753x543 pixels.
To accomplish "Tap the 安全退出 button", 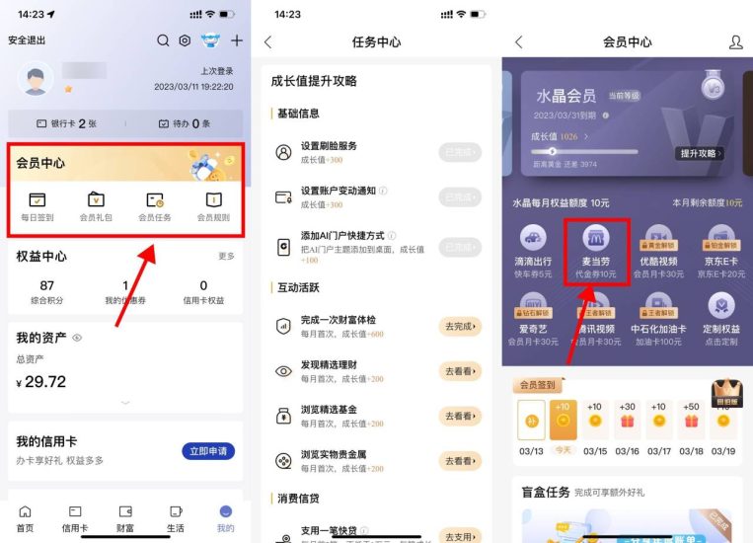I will pyautogui.click(x=27, y=40).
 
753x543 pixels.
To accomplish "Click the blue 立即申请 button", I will pyautogui.click(x=208, y=451).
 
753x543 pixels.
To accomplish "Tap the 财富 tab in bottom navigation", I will pyautogui.click(x=125, y=517).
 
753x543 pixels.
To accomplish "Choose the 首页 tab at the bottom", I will pyautogui.click(x=25, y=517).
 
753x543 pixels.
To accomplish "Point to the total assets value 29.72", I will pyautogui.click(x=45, y=381).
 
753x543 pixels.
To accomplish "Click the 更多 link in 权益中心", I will pyautogui.click(x=226, y=256).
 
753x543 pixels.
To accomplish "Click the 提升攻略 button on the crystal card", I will pyautogui.click(x=701, y=154).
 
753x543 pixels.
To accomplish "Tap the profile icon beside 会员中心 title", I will pyautogui.click(x=735, y=42).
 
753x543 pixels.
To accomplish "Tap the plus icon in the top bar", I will pyautogui.click(x=237, y=40).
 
